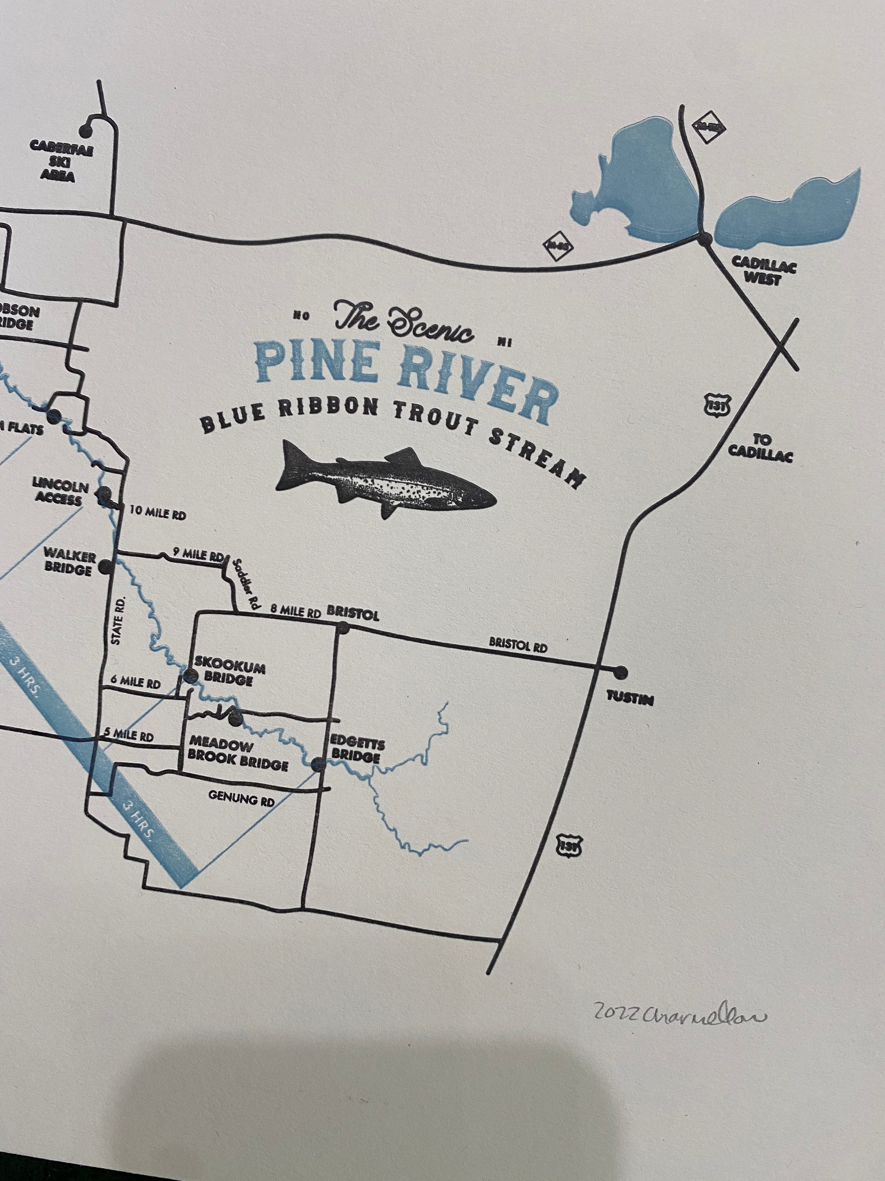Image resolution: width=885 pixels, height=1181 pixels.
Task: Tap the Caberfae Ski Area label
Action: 61,161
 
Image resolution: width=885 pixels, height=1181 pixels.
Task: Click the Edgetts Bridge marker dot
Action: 318,765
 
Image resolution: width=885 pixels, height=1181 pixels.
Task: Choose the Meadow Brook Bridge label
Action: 238,754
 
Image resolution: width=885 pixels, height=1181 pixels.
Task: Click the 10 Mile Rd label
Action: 158,514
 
